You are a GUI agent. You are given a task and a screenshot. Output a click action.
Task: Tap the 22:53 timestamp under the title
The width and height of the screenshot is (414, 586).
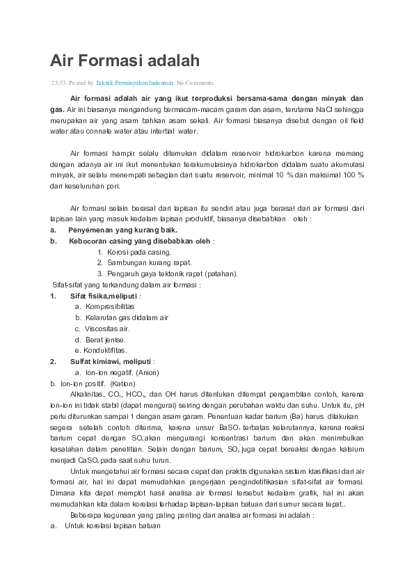click(58, 83)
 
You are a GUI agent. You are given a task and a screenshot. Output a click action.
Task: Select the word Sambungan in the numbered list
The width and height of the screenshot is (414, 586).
click(127, 262)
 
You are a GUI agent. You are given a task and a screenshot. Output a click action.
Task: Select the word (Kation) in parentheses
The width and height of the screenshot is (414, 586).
click(122, 383)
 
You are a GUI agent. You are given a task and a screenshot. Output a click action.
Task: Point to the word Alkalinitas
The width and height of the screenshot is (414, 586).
click(88, 394)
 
